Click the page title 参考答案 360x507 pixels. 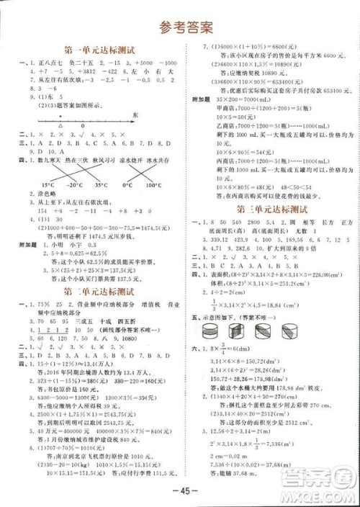(x=180, y=28)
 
